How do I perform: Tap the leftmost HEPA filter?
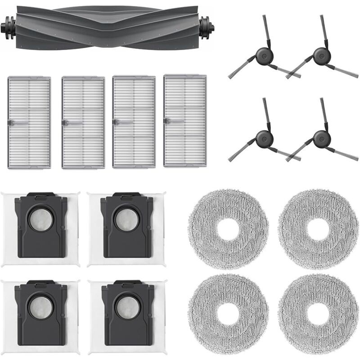tap(29, 122)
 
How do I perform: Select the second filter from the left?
tap(83, 122)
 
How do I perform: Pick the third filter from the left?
tap(134, 122)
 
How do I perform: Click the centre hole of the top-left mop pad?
tap(229, 228)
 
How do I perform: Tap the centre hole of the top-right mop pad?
tap(318, 228)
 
